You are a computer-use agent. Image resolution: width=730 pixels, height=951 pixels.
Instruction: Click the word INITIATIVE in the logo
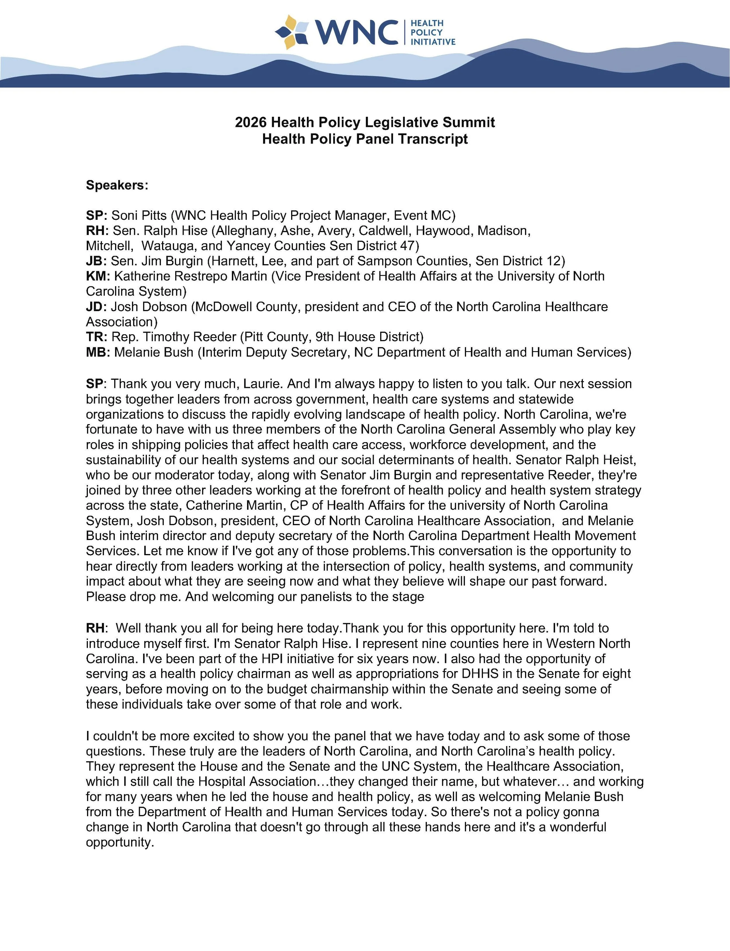(433, 42)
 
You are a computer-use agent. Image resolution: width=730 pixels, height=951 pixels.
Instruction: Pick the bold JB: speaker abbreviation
(96, 261)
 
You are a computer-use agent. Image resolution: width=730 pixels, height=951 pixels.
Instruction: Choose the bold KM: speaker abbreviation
(98, 276)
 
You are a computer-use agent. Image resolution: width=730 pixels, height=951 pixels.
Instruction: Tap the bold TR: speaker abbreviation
(96, 337)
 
